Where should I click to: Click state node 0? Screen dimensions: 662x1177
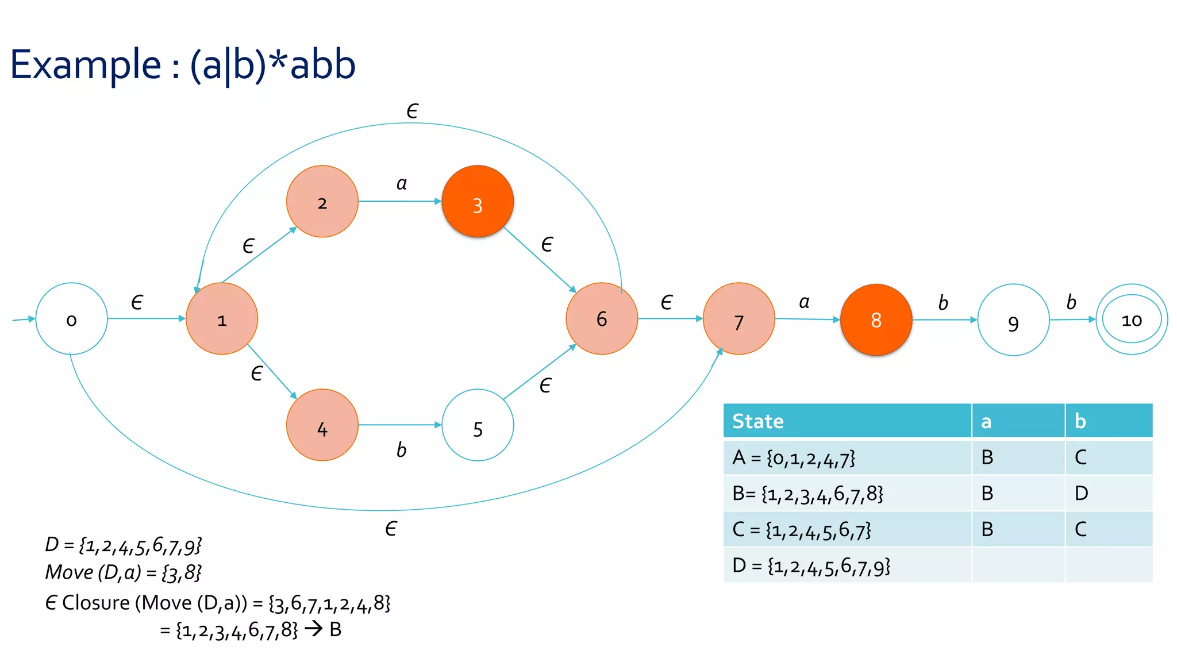pyautogui.click(x=71, y=319)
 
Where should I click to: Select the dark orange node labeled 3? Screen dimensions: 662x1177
pyautogui.click(x=478, y=202)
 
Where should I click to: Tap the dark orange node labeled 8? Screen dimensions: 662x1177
pyautogui.click(x=876, y=320)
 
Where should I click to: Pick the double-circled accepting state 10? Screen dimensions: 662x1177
pyautogui.click(x=1132, y=320)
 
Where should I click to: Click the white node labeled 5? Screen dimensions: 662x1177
pyautogui.click(x=478, y=425)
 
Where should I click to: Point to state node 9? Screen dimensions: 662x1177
pyautogui.click(x=1013, y=320)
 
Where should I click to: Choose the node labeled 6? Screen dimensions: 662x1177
pyautogui.click(x=602, y=319)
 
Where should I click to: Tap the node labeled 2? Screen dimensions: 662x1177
pyautogui.click(x=322, y=202)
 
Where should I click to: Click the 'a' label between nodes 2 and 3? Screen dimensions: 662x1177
pyautogui.click(x=401, y=184)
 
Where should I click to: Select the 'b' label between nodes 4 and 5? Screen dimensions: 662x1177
pyautogui.click(x=401, y=450)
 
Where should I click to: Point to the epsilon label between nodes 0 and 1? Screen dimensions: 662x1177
pyautogui.click(x=137, y=302)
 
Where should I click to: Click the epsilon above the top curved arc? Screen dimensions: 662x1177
pyautogui.click(x=412, y=111)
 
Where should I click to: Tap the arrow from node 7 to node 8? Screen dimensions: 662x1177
pyautogui.click(x=807, y=319)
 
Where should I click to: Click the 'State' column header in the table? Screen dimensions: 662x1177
pyautogui.click(x=758, y=421)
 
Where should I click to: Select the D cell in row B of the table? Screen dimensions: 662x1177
pyautogui.click(x=1081, y=493)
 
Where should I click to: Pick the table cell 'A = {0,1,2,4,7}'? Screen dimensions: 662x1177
pyautogui.click(x=794, y=457)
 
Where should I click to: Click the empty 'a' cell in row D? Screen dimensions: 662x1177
pyautogui.click(x=1018, y=565)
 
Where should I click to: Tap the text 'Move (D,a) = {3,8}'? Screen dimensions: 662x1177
pyautogui.click(x=124, y=572)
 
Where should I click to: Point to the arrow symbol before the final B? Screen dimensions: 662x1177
pyautogui.click(x=314, y=629)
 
